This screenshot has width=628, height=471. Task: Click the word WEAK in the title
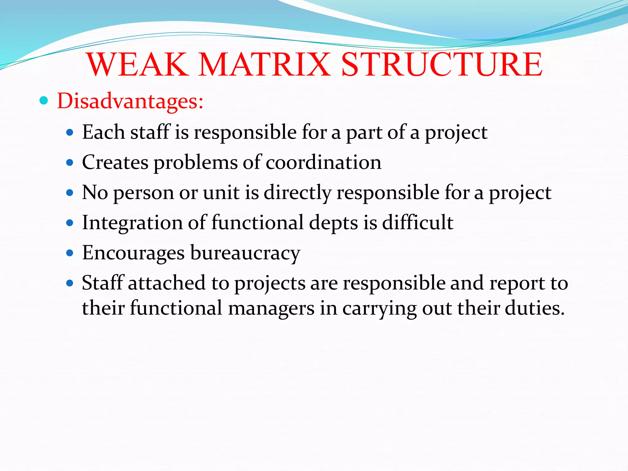tap(138, 65)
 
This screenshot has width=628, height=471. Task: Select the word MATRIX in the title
tap(265, 65)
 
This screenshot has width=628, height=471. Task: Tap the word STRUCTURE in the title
tap(442, 65)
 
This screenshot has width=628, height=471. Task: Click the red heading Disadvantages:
tap(130, 101)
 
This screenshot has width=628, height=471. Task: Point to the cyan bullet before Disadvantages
tap(44, 101)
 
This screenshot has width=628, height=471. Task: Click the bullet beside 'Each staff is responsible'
tap(70, 132)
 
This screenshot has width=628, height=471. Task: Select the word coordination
tap(324, 162)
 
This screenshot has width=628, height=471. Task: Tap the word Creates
tap(115, 162)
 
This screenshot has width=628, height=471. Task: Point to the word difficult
tap(418, 223)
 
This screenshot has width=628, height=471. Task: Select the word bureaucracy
tap(245, 253)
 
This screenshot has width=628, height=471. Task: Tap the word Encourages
tap(133, 253)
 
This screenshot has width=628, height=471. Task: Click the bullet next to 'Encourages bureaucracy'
tap(70, 253)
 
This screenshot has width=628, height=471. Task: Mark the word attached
tap(167, 283)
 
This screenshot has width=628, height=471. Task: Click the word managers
tap(271, 308)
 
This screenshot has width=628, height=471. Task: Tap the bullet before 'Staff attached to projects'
tap(70, 283)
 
